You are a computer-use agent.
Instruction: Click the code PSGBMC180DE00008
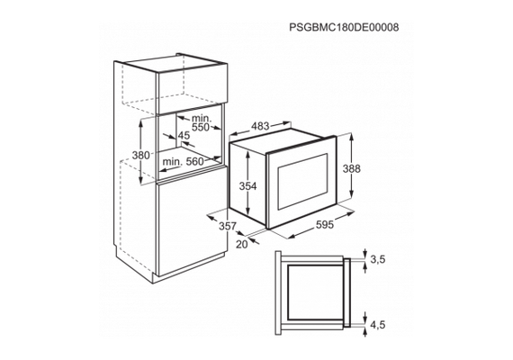point(344,27)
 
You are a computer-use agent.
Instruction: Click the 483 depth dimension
point(260,126)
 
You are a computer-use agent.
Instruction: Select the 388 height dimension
point(351,169)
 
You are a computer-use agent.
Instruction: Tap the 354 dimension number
point(248,186)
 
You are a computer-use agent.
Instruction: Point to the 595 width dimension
point(324,224)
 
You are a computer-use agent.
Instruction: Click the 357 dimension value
point(228,226)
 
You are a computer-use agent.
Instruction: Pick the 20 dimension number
point(242,244)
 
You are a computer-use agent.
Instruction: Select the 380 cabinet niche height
point(140,155)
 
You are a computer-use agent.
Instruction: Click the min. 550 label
point(202,122)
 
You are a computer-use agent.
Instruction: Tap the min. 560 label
point(183,161)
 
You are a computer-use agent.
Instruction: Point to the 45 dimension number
point(184,135)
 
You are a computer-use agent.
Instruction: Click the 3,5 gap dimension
point(378,259)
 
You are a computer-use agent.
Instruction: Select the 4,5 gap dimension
point(378,325)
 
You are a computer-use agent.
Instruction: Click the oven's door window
point(302,181)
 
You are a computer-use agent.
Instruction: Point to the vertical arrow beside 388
point(351,166)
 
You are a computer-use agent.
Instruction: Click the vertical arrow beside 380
point(141,151)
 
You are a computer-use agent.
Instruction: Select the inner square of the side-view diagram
point(314,292)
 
